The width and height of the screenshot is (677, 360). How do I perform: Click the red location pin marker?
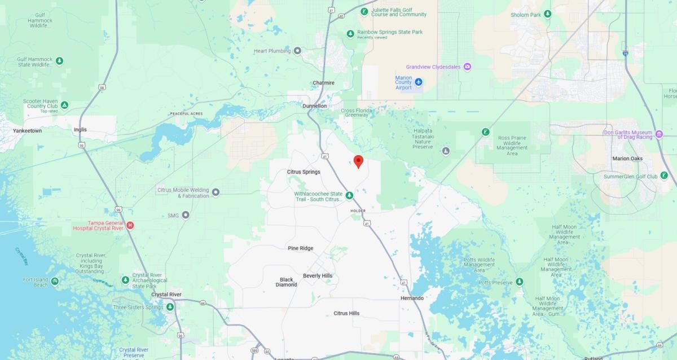(x=358, y=161)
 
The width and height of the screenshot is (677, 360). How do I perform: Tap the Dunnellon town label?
(x=315, y=106)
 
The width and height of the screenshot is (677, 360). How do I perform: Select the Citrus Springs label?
(x=304, y=172)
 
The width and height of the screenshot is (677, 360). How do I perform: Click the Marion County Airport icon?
(x=419, y=82)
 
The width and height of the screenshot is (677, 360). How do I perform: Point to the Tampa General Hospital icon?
(x=130, y=226)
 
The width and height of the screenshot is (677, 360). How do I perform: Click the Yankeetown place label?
(x=28, y=130)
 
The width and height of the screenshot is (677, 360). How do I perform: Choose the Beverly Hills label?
(x=318, y=276)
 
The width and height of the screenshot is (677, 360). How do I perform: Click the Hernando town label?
(x=412, y=297)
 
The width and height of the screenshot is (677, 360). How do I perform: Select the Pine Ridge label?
(x=300, y=248)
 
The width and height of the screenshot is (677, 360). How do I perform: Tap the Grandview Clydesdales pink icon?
(x=468, y=67)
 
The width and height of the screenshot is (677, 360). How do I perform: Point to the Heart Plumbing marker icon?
(x=298, y=51)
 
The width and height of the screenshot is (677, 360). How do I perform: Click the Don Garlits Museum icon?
(x=658, y=134)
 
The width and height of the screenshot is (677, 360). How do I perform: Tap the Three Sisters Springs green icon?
(x=170, y=307)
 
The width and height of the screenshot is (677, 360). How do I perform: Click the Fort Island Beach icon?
(x=55, y=281)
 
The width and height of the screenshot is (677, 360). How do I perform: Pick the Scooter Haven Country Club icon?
(x=65, y=105)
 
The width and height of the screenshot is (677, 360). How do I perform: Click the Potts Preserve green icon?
(x=519, y=282)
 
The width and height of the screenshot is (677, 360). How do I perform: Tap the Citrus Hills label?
(x=346, y=313)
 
